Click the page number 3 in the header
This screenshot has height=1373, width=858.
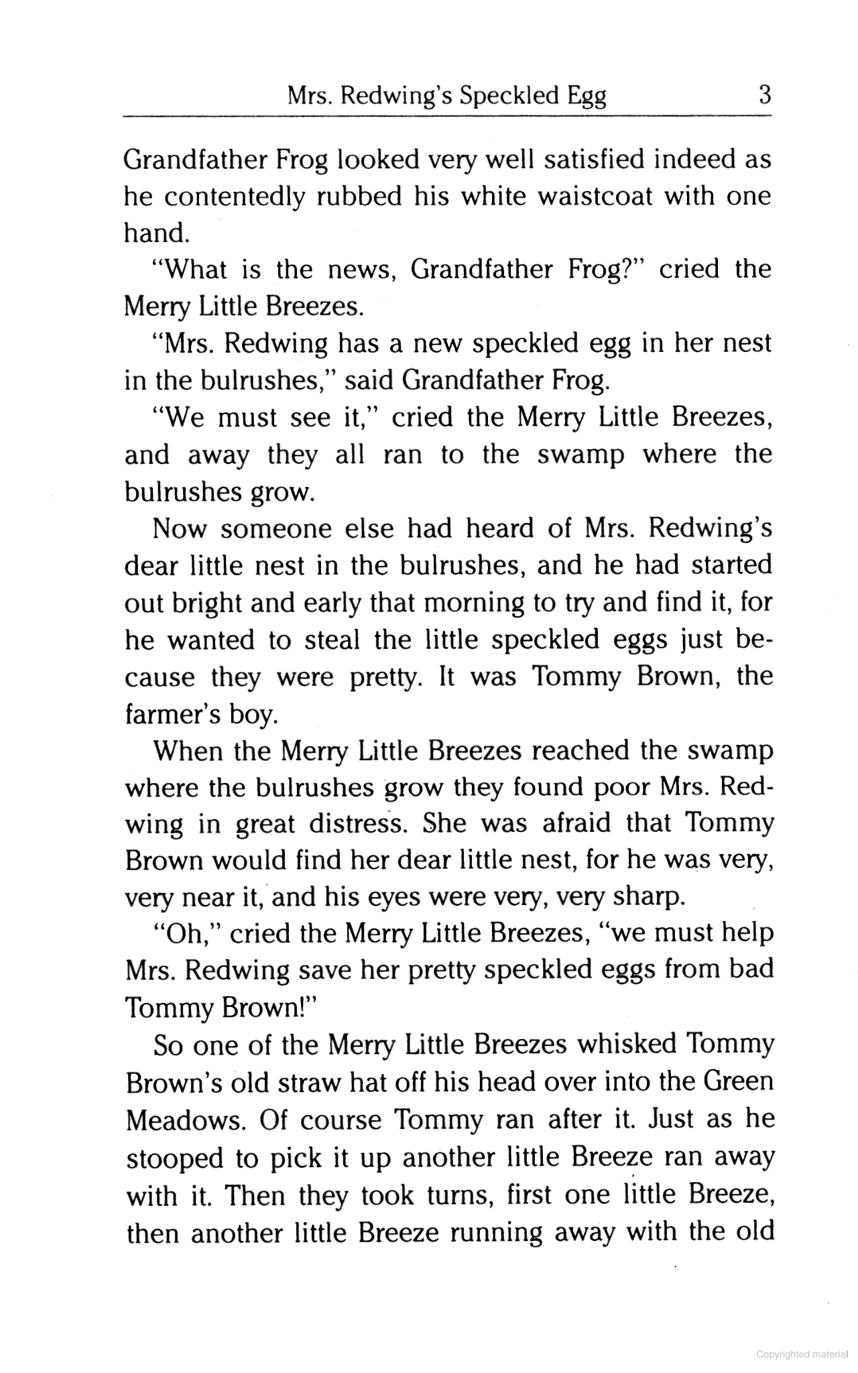[763, 95]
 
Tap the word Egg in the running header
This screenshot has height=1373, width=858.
[587, 97]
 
